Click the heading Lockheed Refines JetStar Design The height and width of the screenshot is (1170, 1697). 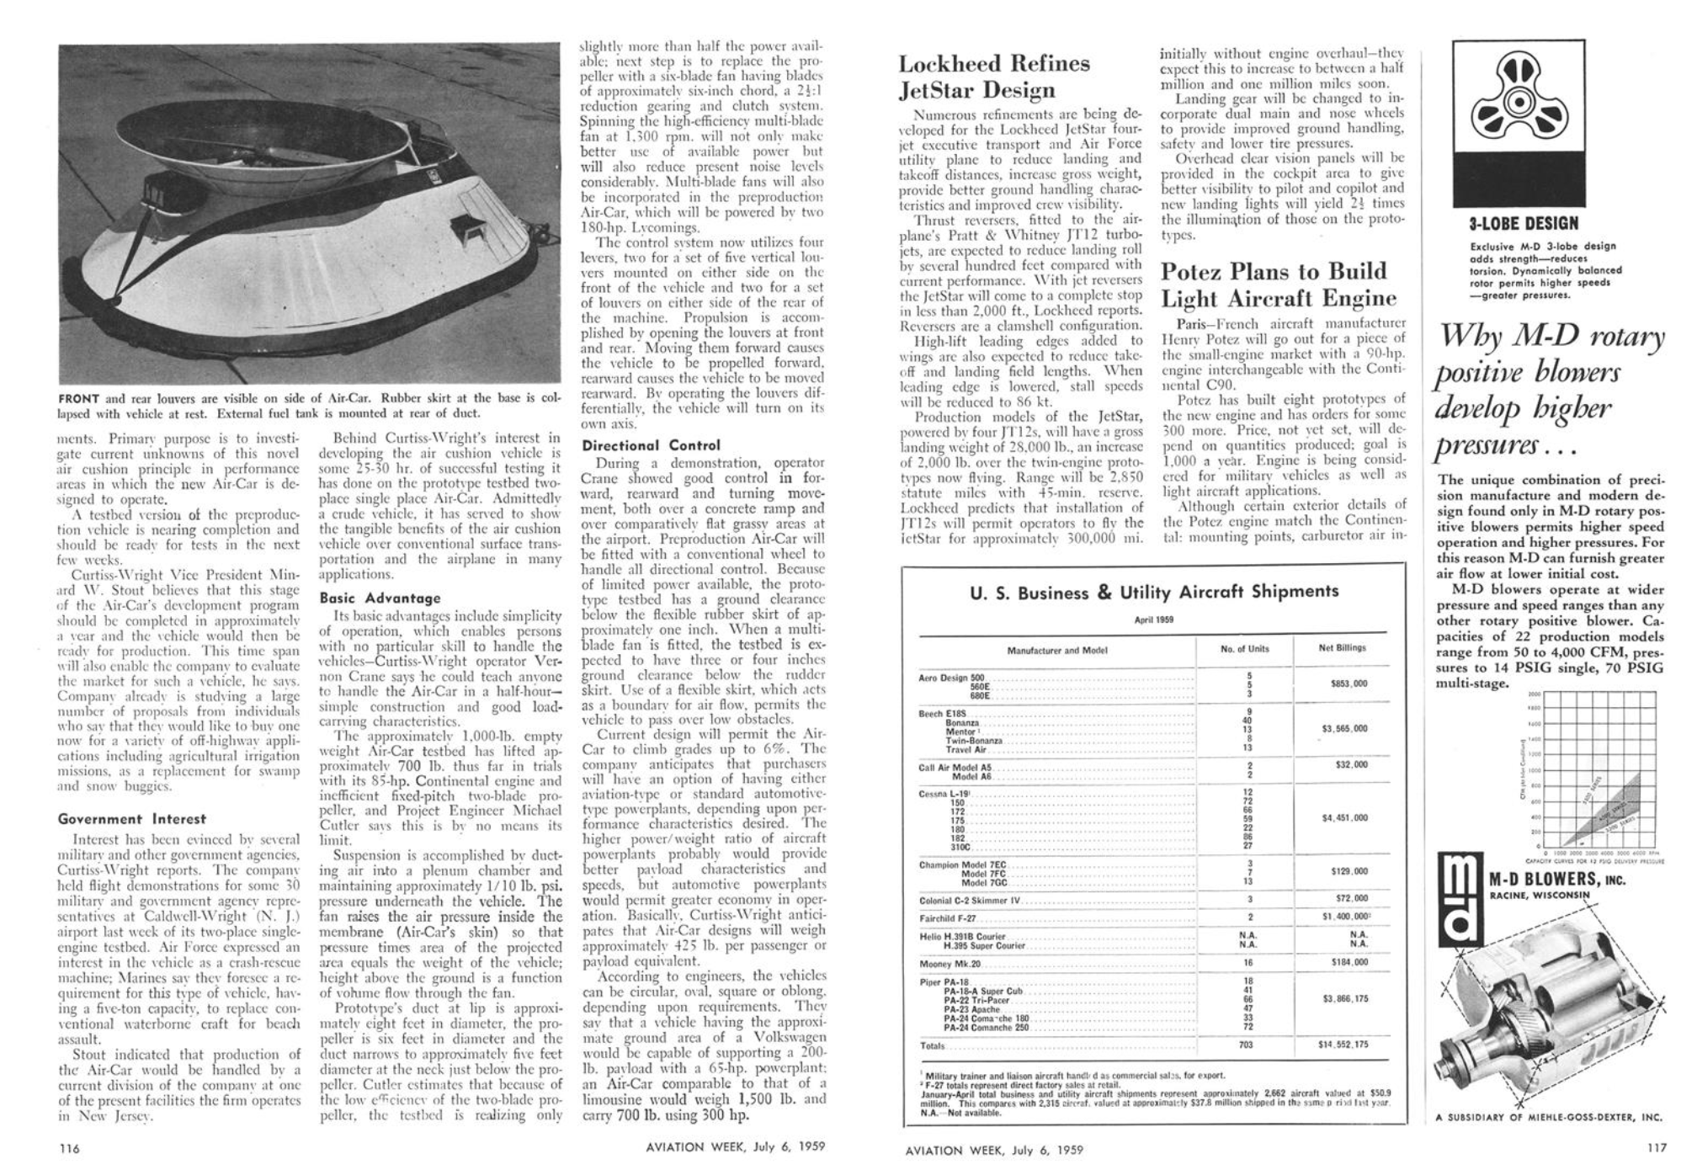(994, 77)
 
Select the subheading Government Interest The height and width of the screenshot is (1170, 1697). (131, 818)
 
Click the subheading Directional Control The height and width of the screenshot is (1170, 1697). (652, 445)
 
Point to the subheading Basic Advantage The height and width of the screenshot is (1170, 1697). (380, 598)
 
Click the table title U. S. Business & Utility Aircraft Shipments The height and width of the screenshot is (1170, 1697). (1153, 592)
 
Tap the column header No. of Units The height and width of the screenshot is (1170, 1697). (1244, 649)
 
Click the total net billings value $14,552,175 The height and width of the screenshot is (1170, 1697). (1343, 1045)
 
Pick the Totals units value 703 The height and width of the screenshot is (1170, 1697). (1246, 1045)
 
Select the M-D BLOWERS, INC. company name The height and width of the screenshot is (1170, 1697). (1556, 880)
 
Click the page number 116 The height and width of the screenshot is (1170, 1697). (69, 1147)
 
